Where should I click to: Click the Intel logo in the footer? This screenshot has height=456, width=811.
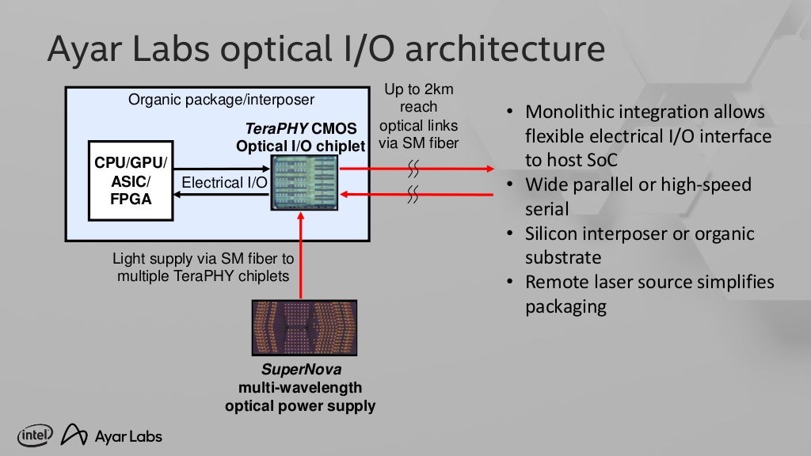pyautogui.click(x=35, y=435)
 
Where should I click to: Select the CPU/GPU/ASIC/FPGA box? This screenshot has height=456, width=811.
pyautogui.click(x=131, y=181)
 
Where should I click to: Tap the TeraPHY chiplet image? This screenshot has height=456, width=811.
pyautogui.click(x=304, y=182)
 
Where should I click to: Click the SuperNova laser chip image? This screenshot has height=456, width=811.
pyautogui.click(x=304, y=328)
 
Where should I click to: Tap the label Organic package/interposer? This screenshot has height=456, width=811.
pyautogui.click(x=221, y=100)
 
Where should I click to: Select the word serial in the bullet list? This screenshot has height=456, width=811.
pyautogui.click(x=546, y=209)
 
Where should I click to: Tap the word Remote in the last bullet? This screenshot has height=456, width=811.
pyautogui.click(x=559, y=283)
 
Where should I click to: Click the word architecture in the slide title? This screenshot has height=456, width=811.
pyautogui.click(x=491, y=50)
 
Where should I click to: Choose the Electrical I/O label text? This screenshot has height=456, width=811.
pyautogui.click(x=224, y=183)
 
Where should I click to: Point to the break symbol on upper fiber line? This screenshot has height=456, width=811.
pyautogui.click(x=413, y=168)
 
